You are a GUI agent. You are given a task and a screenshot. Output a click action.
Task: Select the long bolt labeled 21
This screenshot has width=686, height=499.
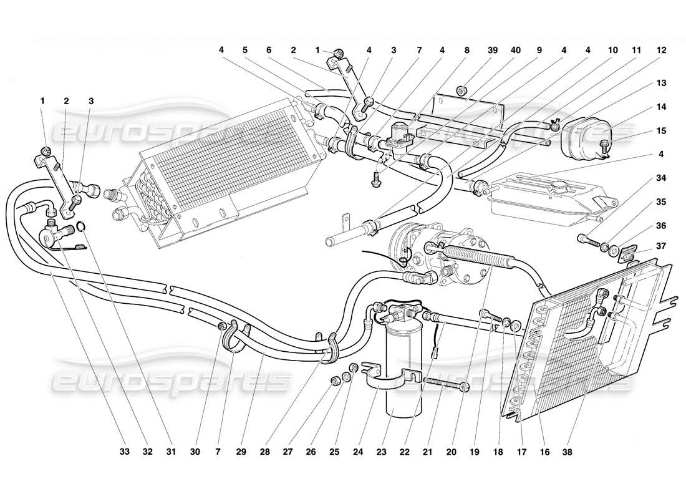[x=446, y=383]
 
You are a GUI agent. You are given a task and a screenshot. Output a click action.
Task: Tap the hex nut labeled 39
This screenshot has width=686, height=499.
[x=462, y=92]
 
